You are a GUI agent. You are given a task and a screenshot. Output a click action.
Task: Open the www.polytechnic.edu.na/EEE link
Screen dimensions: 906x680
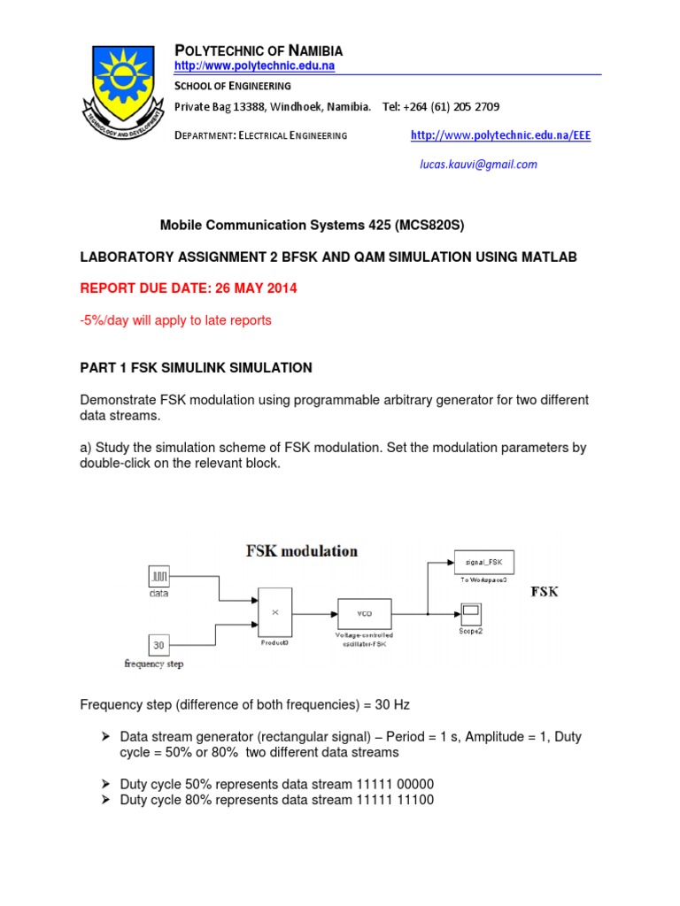click(500, 135)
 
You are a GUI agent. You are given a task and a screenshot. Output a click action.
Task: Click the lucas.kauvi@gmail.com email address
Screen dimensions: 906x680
click(478, 165)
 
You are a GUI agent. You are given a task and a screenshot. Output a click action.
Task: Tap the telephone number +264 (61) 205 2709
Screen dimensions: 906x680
click(441, 107)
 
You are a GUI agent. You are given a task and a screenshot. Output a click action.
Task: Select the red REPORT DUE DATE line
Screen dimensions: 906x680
click(189, 288)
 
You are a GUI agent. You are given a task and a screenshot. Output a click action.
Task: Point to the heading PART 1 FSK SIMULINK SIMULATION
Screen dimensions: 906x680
click(196, 367)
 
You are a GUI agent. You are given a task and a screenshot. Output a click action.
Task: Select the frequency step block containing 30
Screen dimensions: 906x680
click(158, 645)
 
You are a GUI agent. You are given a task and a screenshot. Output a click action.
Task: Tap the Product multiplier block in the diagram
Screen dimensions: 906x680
click(274, 611)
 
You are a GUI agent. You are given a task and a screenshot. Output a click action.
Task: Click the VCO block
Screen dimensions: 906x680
click(364, 612)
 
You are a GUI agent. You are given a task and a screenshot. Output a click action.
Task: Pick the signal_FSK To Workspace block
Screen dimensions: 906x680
click(483, 562)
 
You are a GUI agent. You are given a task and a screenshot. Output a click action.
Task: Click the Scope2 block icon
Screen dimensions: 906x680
click(470, 611)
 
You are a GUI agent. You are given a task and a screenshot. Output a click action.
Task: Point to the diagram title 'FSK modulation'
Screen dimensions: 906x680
click(301, 551)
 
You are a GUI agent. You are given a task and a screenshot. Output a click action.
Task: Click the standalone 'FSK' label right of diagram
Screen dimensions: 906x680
click(544, 592)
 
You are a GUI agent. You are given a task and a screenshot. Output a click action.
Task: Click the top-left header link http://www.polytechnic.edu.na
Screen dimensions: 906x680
click(254, 66)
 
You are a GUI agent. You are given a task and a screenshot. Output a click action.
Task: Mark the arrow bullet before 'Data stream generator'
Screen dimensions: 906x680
click(105, 737)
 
